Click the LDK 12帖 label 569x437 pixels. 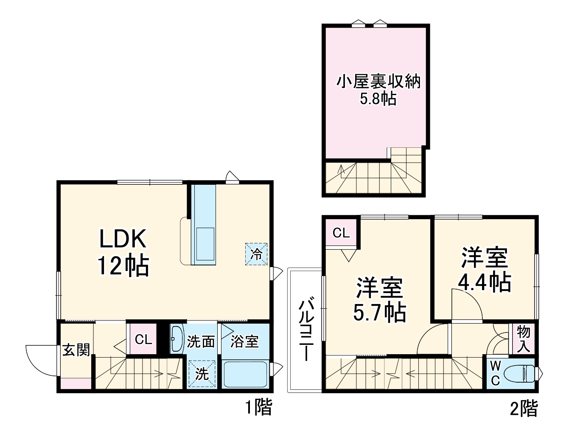click(x=123, y=252)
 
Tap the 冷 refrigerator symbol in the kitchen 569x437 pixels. click(x=256, y=254)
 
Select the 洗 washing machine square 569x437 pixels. click(x=202, y=374)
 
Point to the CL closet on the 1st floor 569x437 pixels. click(x=143, y=339)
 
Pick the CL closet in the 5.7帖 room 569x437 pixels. click(x=341, y=233)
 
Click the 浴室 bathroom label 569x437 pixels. click(x=245, y=341)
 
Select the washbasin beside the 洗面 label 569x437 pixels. click(x=177, y=338)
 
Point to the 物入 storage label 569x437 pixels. click(x=524, y=339)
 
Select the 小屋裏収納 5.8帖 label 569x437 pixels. click(x=378, y=89)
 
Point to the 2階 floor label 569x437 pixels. click(x=523, y=409)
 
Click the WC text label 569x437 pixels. click(x=495, y=373)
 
